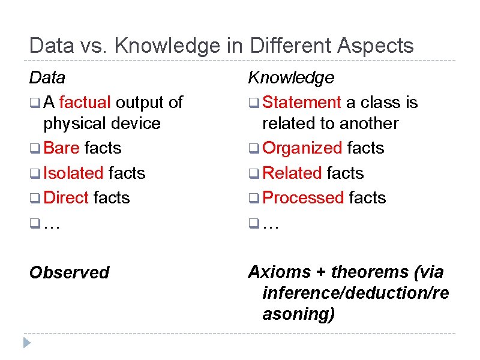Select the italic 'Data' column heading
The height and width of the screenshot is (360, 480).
click(x=47, y=77)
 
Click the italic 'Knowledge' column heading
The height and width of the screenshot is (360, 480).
click(x=291, y=77)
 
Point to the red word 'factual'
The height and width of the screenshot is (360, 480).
click(x=85, y=103)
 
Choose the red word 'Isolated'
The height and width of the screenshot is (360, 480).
click(x=74, y=173)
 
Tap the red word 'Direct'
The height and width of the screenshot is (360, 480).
click(x=66, y=197)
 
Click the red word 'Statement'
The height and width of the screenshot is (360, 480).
click(x=302, y=103)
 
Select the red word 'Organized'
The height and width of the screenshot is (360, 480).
click(x=302, y=148)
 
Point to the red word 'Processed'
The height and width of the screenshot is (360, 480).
click(x=303, y=197)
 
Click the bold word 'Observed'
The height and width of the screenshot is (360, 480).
click(x=70, y=272)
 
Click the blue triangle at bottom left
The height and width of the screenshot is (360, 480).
click(x=26, y=343)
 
